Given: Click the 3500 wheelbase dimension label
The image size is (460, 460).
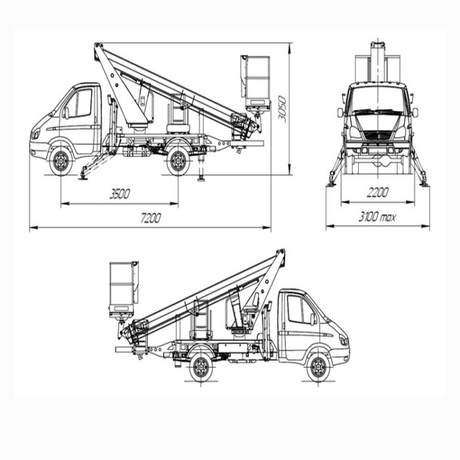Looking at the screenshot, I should click(120, 194).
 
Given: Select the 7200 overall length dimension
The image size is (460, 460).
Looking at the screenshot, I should click(150, 218).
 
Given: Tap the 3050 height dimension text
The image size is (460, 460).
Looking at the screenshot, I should click(282, 108).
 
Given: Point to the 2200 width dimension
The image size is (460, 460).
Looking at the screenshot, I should click(377, 193).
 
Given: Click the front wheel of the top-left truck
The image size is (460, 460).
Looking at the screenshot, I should click(60, 162).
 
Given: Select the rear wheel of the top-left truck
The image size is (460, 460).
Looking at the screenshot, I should click(178, 162).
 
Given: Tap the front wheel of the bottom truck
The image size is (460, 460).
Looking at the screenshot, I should click(319, 367).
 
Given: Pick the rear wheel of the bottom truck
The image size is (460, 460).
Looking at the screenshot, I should click(201, 367).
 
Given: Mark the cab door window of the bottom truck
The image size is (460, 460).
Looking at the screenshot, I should click(299, 310).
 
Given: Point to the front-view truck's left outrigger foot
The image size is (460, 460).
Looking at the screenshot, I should click(332, 183).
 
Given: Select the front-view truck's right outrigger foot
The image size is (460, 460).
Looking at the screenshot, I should click(424, 183).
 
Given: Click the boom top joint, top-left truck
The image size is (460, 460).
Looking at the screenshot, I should click(99, 48).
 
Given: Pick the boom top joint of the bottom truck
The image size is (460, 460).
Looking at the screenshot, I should click(281, 254).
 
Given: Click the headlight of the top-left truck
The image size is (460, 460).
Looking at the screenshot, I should click(36, 134).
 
